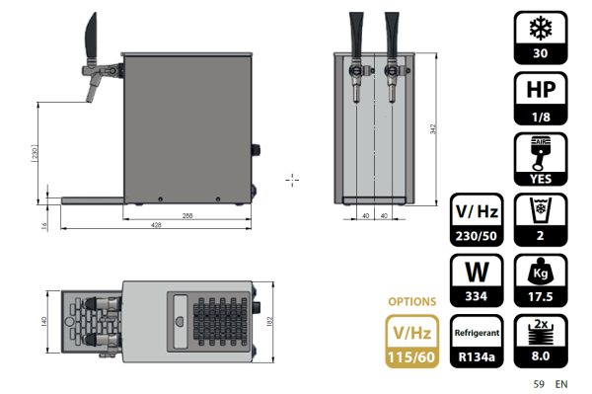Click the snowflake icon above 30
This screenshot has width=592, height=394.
[541, 28]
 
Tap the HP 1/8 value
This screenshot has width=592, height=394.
[541, 118]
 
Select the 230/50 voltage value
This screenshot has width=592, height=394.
[477, 236]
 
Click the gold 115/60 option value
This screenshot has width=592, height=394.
[411, 357]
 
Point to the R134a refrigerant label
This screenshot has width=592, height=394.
[477, 356]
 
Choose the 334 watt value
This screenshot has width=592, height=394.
[477, 296]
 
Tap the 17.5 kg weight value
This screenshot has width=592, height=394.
[541, 296]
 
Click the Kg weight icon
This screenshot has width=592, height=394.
[541, 272]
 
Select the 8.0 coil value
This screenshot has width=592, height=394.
[541, 356]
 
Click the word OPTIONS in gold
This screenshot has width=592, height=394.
[411, 301]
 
